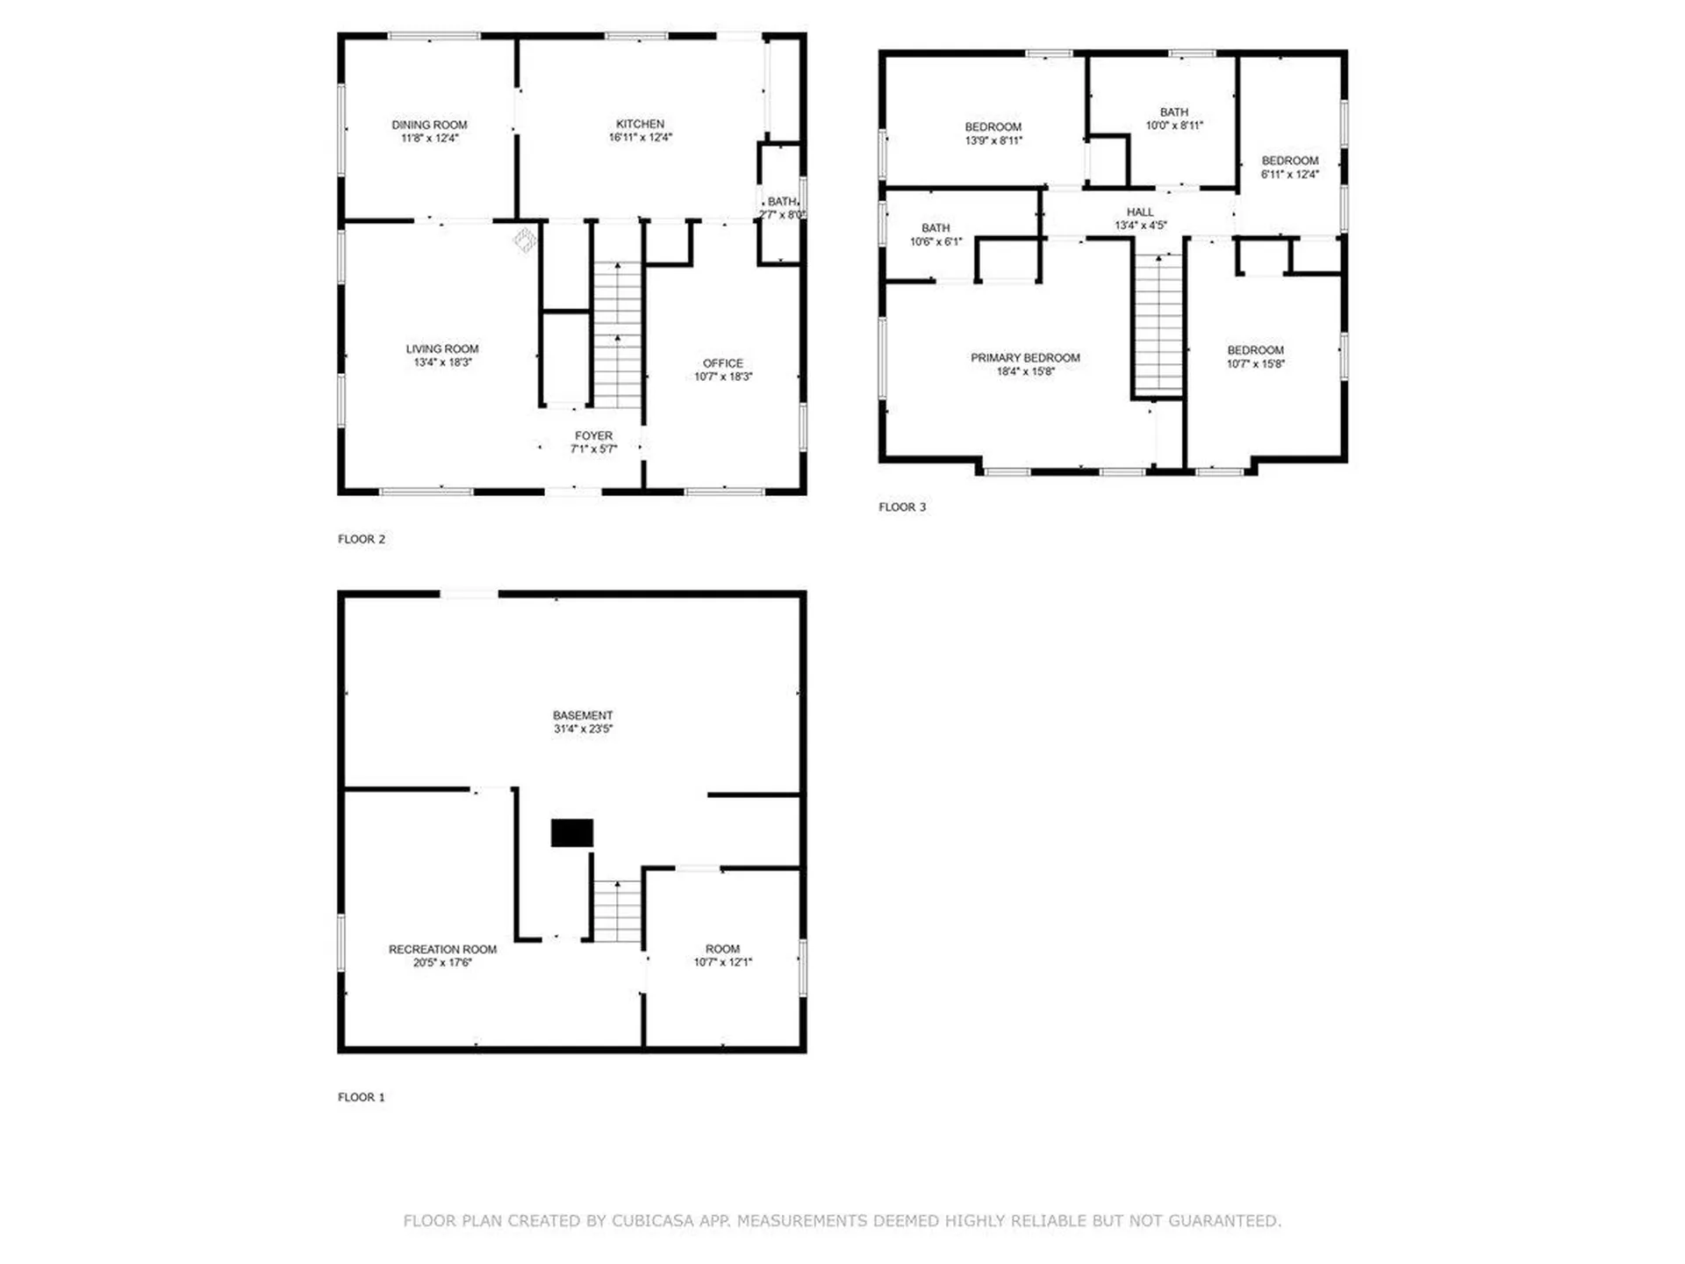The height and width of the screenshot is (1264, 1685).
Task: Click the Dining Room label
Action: point(429,125)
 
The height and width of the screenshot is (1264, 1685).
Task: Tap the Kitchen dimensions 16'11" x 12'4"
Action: point(641,138)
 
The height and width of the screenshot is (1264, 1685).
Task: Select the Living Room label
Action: point(442,348)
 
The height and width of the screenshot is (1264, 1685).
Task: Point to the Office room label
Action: point(723,363)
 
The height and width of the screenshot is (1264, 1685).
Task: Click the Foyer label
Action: point(594,435)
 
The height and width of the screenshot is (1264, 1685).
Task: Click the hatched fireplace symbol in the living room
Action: point(525,240)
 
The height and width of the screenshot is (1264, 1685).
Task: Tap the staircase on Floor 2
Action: point(618,334)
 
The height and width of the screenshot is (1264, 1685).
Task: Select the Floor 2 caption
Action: point(362,539)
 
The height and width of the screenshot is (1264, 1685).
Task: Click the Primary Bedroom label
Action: point(1025,357)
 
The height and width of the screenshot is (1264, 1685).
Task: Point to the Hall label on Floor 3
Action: point(1140,212)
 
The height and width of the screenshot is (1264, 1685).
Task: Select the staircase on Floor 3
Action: point(1158,325)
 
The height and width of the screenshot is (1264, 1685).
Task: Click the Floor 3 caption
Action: point(902,506)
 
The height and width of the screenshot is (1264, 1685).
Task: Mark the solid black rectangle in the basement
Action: point(572,833)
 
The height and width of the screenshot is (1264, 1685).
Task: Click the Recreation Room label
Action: point(442,949)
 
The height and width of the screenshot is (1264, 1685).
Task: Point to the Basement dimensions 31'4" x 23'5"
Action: point(583,729)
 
